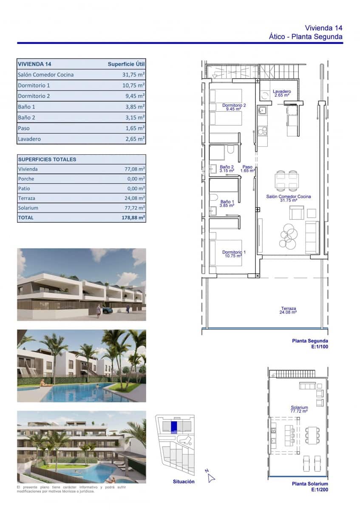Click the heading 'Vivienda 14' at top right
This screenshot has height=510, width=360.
pos(323,28)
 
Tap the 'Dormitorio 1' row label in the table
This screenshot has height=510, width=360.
pos(34,85)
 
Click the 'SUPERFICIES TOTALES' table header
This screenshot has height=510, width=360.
pos(47,159)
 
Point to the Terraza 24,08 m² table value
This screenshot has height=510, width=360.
pos(135,198)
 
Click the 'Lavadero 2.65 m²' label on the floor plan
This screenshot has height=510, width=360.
pos(281,93)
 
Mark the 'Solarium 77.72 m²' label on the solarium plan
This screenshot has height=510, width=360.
pos(299,409)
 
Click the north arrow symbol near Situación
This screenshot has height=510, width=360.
pos(210,477)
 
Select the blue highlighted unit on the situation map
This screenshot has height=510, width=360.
pos(174,426)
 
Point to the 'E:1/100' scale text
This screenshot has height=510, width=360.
pos(320,347)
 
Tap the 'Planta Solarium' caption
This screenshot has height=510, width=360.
pos(310,484)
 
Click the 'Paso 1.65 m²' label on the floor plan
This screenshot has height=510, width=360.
pos(248,169)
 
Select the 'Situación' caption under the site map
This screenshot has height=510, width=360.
pos(184,482)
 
